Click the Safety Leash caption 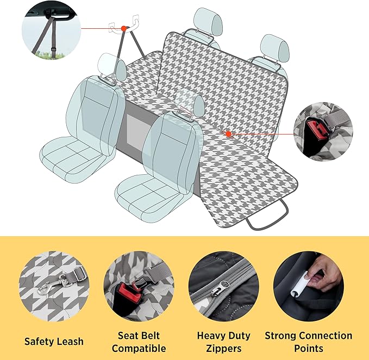pyautogui.click(x=54, y=342)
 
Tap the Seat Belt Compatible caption pyautogui.click(x=139, y=342)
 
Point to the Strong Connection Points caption pyautogui.click(x=308, y=342)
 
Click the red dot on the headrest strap pyautogui.click(x=124, y=28)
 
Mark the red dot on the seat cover pyautogui.click(x=229, y=133)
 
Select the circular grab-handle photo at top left pyautogui.click(x=51, y=30)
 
